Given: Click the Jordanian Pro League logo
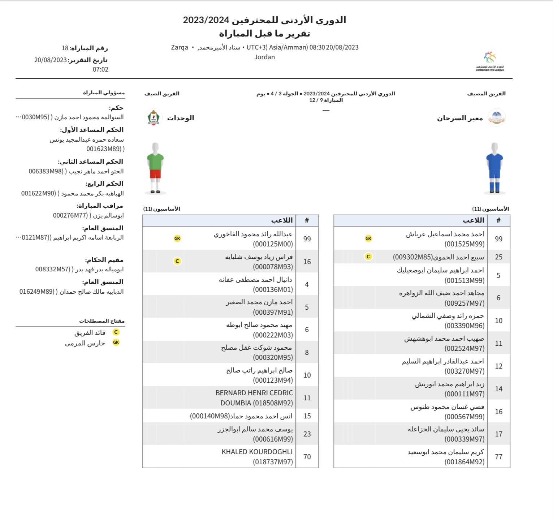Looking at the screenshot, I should click(489, 61).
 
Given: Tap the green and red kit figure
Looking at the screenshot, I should click(155, 168).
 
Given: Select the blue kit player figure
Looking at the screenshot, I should click(494, 168).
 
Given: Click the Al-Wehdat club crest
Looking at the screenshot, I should click(154, 118).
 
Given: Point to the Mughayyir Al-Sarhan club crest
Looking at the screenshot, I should click(497, 118).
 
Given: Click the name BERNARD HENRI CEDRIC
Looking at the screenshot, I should click(254, 393).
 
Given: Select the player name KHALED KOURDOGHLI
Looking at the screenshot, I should click(257, 452).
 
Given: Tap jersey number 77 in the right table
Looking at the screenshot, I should click(498, 457).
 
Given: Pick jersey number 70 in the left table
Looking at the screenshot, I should click(307, 457).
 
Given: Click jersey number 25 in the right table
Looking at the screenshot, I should click(498, 257).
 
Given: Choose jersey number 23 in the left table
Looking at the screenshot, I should click(307, 434).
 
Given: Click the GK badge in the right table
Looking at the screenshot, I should click(368, 238).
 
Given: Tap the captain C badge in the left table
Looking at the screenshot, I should click(177, 261).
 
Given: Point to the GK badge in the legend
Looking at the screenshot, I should click(116, 342).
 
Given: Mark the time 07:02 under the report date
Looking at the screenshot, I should click(100, 69).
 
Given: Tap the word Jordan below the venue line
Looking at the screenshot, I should click(264, 57).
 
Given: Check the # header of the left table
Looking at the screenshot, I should click(307, 220).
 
